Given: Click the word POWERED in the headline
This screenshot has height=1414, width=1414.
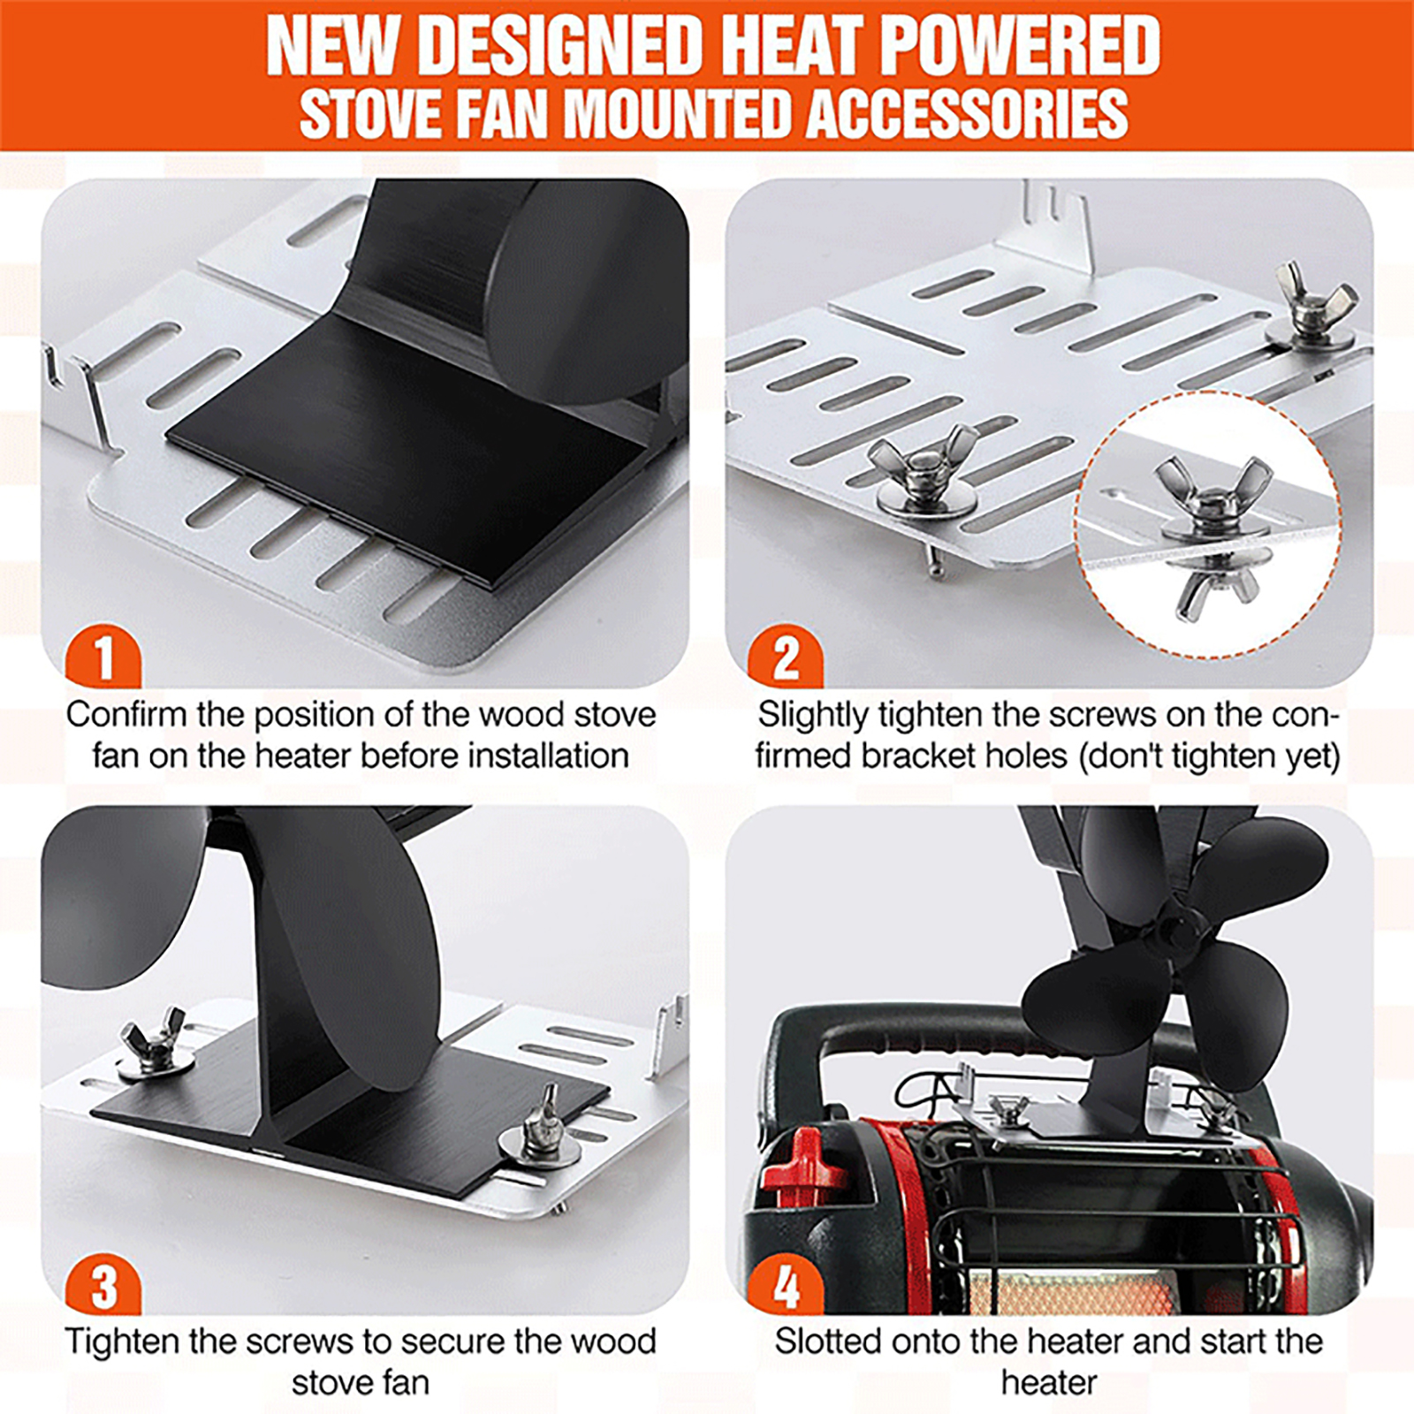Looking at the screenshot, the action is point(1020,46).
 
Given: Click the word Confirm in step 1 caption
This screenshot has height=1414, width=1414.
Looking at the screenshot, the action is point(126,714).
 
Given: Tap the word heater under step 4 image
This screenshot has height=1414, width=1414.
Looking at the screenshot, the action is point(1049,1382).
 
